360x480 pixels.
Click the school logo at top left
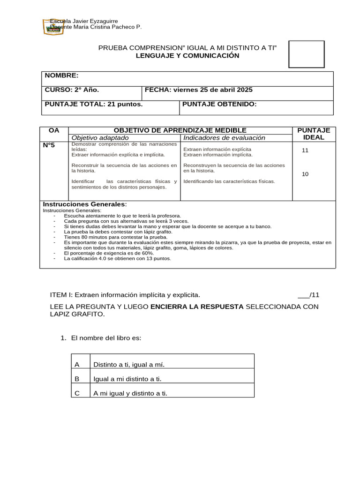tap(52, 26)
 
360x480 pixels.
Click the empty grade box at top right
tap(306, 54)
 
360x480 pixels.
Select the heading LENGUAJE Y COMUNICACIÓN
tap(187, 56)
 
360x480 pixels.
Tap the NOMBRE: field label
tap(62, 76)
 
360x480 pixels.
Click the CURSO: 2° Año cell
tap(72, 90)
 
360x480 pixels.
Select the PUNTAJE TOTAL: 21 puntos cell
tap(94, 104)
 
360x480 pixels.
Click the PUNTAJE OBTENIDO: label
tap(219, 104)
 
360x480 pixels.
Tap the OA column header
tap(54, 130)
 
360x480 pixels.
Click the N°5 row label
tap(49, 145)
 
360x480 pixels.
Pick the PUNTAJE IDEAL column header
tap(314, 134)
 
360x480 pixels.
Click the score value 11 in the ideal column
tap(306, 150)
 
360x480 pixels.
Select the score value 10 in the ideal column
tap(306, 174)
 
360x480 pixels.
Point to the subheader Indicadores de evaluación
tap(225, 138)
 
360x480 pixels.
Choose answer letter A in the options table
tap(77, 365)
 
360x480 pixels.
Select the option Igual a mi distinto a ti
tap(131, 379)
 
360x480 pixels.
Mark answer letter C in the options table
tap(77, 393)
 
